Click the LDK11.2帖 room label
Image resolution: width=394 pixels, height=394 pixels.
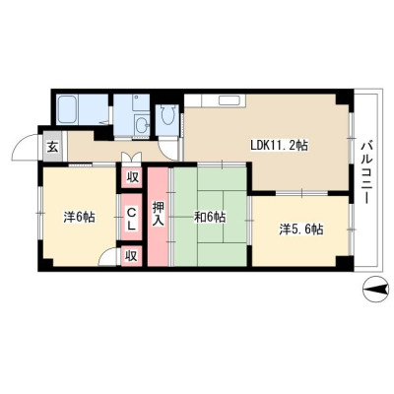tap(279, 145)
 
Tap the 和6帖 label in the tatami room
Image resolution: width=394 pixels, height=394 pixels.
tap(210, 217)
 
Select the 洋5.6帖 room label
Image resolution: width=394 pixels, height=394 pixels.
tap(301, 230)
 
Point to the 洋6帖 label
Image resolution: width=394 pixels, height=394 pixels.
tap(80, 217)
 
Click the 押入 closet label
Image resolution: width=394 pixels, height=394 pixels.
tap(158, 213)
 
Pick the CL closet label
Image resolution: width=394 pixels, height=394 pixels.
tap(131, 219)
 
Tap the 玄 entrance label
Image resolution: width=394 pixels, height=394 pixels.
tap(52, 147)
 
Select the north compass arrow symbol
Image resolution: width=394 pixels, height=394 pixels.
tap(376, 290)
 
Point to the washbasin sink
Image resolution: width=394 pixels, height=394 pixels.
tap(142, 125)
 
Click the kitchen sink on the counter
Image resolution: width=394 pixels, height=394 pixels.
tap(230, 100)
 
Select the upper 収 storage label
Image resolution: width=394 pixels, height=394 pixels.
tap(132, 177)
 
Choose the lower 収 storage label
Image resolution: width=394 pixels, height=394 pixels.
tap(131, 256)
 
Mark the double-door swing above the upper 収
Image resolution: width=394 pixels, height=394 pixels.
tap(131, 157)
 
